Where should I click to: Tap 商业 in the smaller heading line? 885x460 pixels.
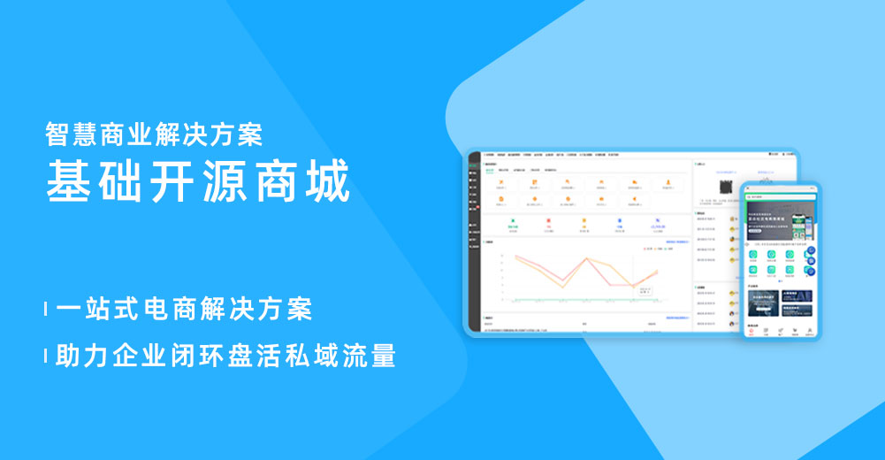130,134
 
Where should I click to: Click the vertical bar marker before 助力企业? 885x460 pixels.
46,356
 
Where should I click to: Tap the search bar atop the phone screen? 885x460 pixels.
778,196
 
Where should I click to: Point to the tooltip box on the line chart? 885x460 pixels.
645,291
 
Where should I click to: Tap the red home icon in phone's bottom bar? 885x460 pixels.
751,331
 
